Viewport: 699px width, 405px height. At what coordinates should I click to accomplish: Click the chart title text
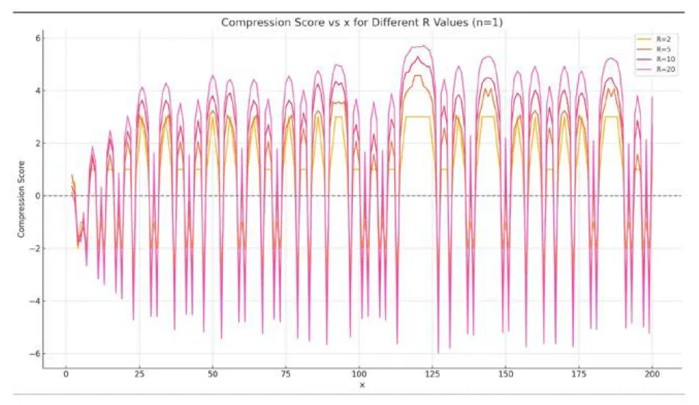[361, 22]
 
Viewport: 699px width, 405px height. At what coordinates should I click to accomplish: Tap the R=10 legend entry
[661, 59]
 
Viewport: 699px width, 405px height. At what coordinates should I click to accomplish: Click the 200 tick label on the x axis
[652, 374]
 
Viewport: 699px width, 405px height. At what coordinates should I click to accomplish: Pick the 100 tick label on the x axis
[359, 374]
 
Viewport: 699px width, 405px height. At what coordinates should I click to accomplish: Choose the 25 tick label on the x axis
[139, 374]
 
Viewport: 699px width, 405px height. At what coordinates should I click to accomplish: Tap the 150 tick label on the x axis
[505, 374]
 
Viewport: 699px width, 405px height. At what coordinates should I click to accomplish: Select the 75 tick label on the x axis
[285, 374]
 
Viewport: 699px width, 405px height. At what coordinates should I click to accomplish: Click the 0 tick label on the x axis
[66, 374]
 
